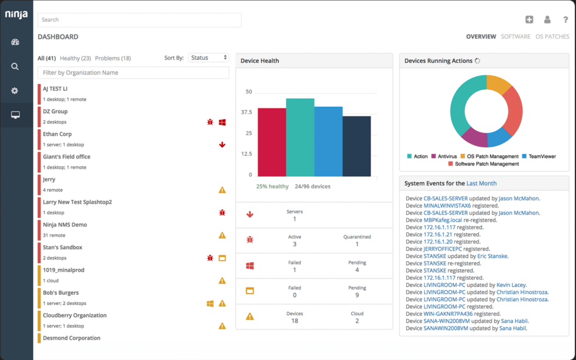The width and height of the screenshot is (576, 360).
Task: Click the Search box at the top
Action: pyautogui.click(x=139, y=20)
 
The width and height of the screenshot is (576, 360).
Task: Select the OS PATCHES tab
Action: pyautogui.click(x=552, y=37)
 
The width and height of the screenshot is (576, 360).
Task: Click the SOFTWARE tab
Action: pyautogui.click(x=516, y=37)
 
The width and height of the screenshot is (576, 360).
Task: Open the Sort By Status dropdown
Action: pyautogui.click(x=209, y=58)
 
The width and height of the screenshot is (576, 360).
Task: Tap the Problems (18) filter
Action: pyautogui.click(x=113, y=58)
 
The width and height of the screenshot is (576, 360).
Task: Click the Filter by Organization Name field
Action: pyautogui.click(x=133, y=73)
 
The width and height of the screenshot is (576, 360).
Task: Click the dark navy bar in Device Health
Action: pyautogui.click(x=357, y=146)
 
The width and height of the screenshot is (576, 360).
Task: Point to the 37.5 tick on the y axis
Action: pyautogui.click(x=246, y=112)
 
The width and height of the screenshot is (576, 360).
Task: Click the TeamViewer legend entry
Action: pyautogui.click(x=542, y=156)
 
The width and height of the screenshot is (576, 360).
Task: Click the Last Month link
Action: pyautogui.click(x=481, y=183)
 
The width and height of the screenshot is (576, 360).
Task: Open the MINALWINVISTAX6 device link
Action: pyautogui.click(x=445, y=206)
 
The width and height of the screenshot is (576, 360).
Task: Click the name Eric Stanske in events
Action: pyautogui.click(x=492, y=256)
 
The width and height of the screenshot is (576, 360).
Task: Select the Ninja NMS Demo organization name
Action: pyautogui.click(x=65, y=224)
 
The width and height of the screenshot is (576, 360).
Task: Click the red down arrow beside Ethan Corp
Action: pyautogui.click(x=222, y=145)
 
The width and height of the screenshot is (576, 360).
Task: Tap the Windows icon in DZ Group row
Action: pyautogui.click(x=222, y=122)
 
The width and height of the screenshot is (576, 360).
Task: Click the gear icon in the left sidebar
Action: pyautogui.click(x=15, y=91)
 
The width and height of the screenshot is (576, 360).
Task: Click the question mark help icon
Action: pyautogui.click(x=565, y=20)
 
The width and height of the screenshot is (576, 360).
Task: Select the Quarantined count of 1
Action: pyautogui.click(x=357, y=244)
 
